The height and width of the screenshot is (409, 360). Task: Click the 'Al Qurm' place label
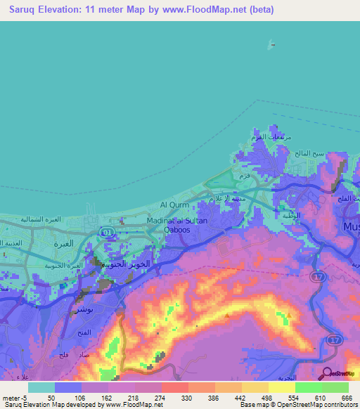click(172, 204)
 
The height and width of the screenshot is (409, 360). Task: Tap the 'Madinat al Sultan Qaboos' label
click(177, 224)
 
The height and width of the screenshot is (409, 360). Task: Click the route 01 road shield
click(107, 231)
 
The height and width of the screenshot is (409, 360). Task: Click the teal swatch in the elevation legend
click(41, 387)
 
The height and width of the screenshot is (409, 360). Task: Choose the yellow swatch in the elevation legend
click(282, 387)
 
